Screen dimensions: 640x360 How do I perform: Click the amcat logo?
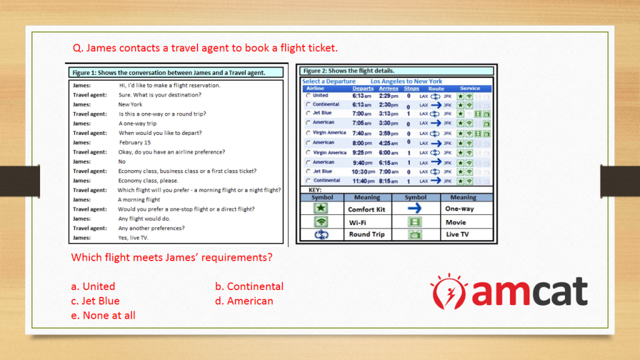click(x=509, y=291)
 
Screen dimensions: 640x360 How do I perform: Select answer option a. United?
click(x=93, y=286)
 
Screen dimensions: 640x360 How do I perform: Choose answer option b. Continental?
click(x=249, y=286)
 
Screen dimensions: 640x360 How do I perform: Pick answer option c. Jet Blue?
click(x=95, y=301)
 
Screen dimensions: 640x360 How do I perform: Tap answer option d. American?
click(x=244, y=301)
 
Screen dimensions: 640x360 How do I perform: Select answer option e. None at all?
click(x=103, y=316)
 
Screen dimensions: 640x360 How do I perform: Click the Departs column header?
click(x=363, y=88)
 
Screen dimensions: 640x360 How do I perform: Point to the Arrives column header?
click(x=388, y=88)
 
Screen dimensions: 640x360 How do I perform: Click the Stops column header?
click(x=411, y=88)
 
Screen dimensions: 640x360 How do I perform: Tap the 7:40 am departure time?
click(x=362, y=134)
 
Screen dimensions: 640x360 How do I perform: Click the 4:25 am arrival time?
click(x=388, y=143)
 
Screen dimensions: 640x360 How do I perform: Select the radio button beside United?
click(x=308, y=96)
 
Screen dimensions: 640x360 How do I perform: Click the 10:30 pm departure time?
click(x=363, y=172)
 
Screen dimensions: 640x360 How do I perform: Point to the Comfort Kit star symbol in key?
click(x=321, y=208)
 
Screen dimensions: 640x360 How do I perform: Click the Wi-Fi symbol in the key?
click(x=321, y=222)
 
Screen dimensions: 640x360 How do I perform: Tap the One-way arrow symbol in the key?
click(x=414, y=209)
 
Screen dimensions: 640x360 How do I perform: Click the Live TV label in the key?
click(x=457, y=234)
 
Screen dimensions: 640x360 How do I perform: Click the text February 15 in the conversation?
click(x=135, y=142)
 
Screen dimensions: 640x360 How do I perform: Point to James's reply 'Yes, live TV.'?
click(x=133, y=237)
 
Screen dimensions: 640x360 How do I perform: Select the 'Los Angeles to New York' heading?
click(x=406, y=81)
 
